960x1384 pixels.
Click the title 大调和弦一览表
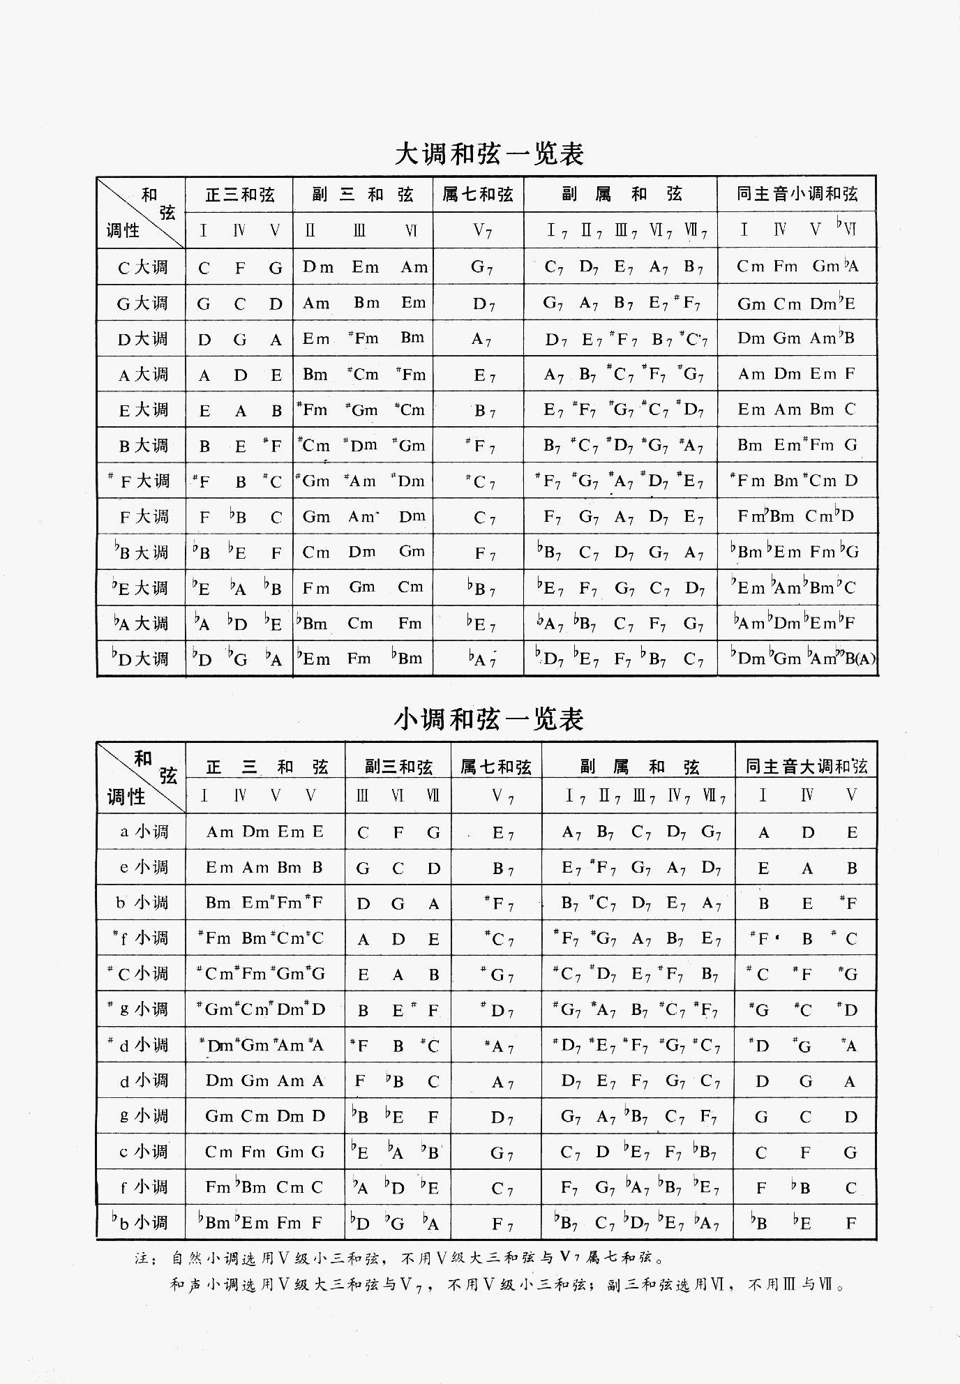(489, 154)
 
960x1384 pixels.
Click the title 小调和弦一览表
(489, 719)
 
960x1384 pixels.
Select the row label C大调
(142, 268)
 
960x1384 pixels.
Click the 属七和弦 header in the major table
(478, 195)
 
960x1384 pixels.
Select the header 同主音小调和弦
(797, 195)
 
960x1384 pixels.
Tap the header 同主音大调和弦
(806, 767)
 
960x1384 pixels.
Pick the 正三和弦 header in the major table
(239, 195)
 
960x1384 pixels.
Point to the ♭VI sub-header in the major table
(846, 229)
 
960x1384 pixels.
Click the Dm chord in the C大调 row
(318, 268)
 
